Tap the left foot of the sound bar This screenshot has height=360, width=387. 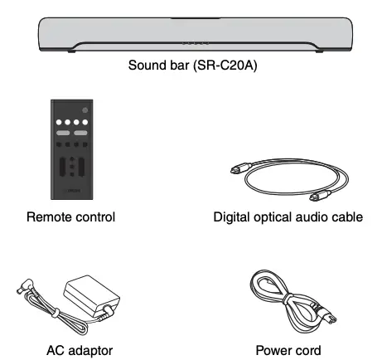72,53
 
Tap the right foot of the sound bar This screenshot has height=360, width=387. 316,53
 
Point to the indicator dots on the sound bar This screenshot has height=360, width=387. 193,44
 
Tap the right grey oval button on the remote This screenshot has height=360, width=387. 81,134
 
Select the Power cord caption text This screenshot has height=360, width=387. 288,349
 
